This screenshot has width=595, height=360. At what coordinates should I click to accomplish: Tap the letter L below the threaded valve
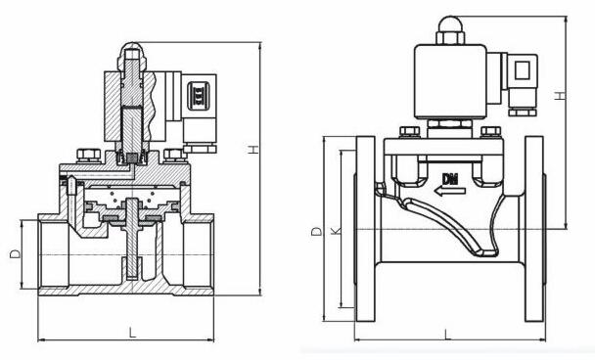[132, 333]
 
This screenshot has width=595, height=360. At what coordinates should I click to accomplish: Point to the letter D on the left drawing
[16, 253]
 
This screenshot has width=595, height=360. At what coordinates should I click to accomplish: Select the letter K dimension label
[336, 231]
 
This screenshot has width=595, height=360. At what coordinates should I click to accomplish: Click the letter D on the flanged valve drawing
[316, 231]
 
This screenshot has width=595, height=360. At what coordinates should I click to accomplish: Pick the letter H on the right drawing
[560, 96]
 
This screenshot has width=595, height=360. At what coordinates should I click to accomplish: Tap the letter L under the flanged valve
[448, 334]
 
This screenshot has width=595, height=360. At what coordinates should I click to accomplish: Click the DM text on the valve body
[450, 178]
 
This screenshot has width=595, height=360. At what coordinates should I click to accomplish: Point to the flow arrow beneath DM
[450, 191]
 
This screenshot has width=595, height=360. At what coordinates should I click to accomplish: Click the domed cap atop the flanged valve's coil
[450, 24]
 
